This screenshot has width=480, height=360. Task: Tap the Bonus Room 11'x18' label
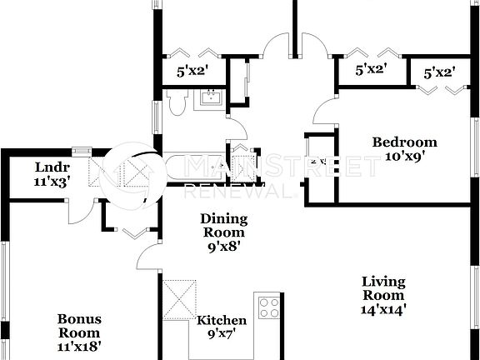point(79,331)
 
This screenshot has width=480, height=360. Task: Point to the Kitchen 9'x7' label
point(222,327)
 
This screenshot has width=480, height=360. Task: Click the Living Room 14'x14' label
point(383,295)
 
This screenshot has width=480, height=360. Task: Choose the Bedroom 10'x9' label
point(404,148)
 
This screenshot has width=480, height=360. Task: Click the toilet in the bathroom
point(176,102)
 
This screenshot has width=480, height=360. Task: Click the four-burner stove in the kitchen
point(268,307)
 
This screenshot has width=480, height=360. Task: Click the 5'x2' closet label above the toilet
point(192,72)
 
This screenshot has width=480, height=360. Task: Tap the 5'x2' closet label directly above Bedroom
point(370,71)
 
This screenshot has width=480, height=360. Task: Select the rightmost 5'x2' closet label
point(439,73)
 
